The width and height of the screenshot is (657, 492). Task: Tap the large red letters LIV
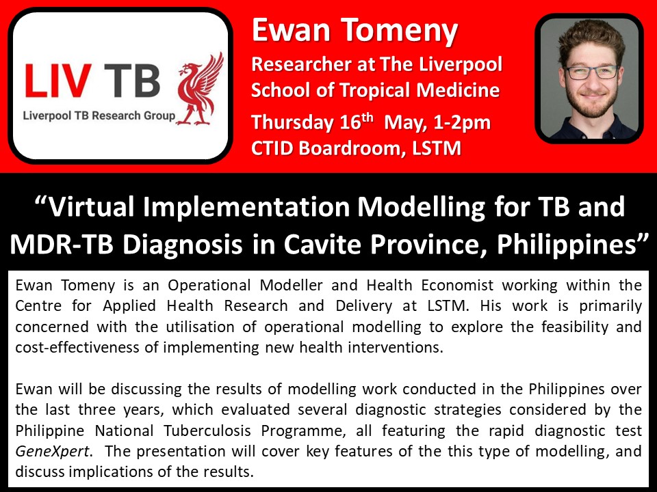click(x=57, y=81)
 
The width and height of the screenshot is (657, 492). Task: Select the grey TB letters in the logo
click(x=132, y=81)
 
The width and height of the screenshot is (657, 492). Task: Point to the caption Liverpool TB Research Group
click(x=99, y=115)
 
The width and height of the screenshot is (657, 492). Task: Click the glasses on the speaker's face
click(x=591, y=72)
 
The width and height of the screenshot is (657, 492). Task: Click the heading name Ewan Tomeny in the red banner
click(x=355, y=31)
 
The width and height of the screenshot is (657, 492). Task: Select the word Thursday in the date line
click(x=292, y=122)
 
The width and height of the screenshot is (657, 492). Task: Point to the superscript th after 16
click(x=367, y=117)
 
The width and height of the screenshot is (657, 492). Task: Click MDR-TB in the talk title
click(x=62, y=245)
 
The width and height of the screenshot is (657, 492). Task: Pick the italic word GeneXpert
click(x=52, y=452)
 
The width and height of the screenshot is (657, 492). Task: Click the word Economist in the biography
click(x=457, y=286)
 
